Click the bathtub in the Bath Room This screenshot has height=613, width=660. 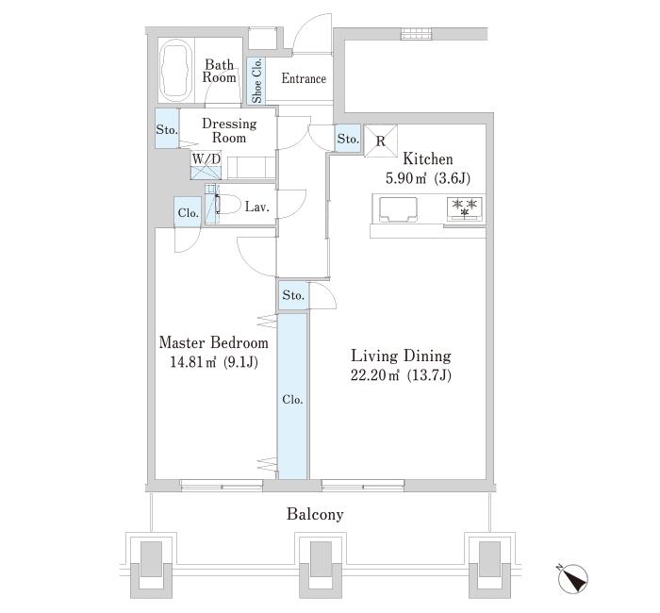tap(177, 70)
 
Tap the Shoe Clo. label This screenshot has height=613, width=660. tap(256, 80)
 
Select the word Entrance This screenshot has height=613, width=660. tap(304, 78)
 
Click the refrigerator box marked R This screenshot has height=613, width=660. tap(381, 141)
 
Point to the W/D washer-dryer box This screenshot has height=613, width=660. tap(206, 166)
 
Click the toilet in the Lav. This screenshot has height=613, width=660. tap(228, 205)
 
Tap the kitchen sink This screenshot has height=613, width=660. tap(398, 209)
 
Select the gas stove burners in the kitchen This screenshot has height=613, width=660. tap(465, 208)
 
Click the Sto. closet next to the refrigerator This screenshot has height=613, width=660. tap(348, 138)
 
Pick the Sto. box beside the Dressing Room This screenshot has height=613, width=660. tap(167, 129)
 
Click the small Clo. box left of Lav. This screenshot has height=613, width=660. tap(188, 212)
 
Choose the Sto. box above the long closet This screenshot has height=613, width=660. tap(293, 295)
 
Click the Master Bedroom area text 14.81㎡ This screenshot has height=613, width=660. tap(193, 361)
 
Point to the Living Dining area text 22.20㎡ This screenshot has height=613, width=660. tap(374, 374)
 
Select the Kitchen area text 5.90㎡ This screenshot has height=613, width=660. tap(406, 178)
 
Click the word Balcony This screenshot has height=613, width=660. tap(315, 514)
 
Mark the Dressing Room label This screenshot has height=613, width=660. tap(229, 130)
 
